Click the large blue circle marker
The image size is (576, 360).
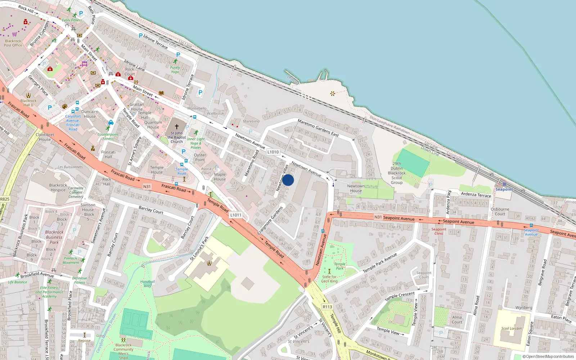(x=288, y=180)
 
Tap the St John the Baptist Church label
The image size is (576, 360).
(x=176, y=137)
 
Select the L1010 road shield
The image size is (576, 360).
(x=273, y=152)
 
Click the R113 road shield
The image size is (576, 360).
(x=327, y=307)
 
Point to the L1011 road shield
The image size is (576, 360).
(x=236, y=215)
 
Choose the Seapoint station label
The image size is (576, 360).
(x=504, y=189)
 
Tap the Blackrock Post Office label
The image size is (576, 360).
(x=13, y=43)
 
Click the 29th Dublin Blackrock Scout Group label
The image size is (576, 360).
(x=397, y=173)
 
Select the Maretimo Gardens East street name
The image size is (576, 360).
(x=318, y=128)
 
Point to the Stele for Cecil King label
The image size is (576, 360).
(x=329, y=279)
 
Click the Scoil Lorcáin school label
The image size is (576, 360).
(x=511, y=328)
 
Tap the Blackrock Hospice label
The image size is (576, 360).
(x=58, y=188)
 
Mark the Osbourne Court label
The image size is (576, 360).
(x=500, y=211)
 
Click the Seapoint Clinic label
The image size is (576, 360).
(x=439, y=231)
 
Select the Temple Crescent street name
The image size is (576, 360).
(x=400, y=297)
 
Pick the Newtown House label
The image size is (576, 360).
(x=356, y=188)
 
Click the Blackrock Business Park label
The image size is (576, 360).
(x=54, y=237)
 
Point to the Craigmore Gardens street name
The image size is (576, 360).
(x=270, y=221)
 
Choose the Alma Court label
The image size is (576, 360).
(x=457, y=320)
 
